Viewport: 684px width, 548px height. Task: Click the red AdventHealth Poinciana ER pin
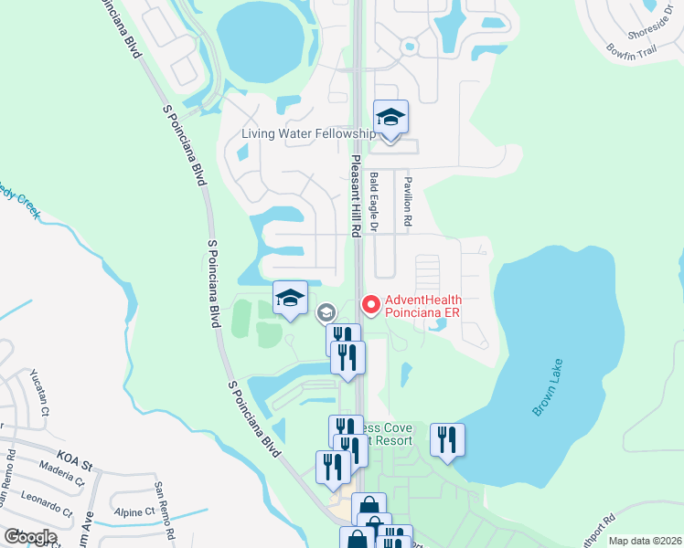tap(371, 305)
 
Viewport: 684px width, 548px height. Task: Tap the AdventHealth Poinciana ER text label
tap(423, 306)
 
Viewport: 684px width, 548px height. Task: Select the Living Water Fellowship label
tap(308, 134)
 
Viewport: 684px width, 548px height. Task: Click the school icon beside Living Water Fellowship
tap(390, 118)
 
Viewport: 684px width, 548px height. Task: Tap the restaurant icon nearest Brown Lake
tap(447, 440)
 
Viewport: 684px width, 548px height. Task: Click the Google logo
tap(30, 537)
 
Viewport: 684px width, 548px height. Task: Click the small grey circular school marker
tap(326, 313)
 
